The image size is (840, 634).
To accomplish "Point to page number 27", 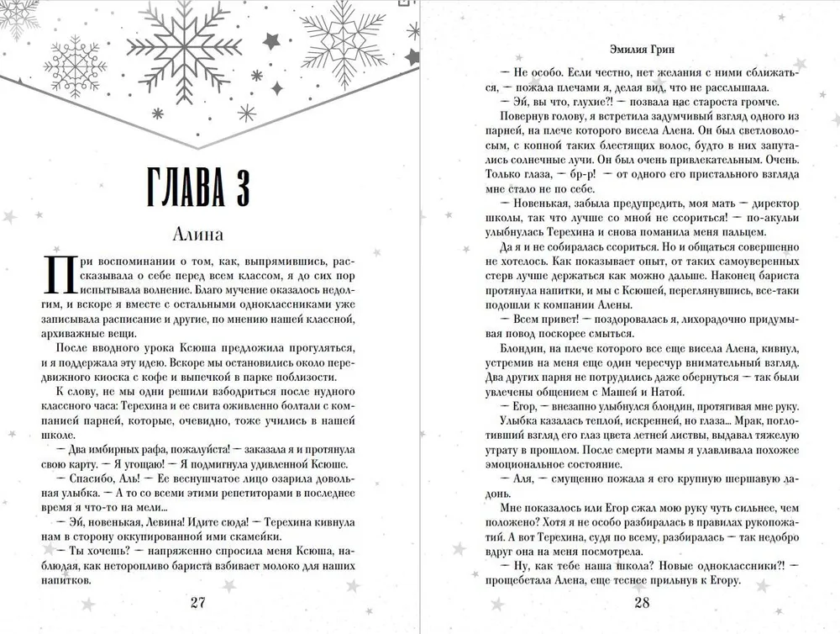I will click(x=198, y=602).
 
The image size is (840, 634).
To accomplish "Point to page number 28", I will click(x=643, y=602).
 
